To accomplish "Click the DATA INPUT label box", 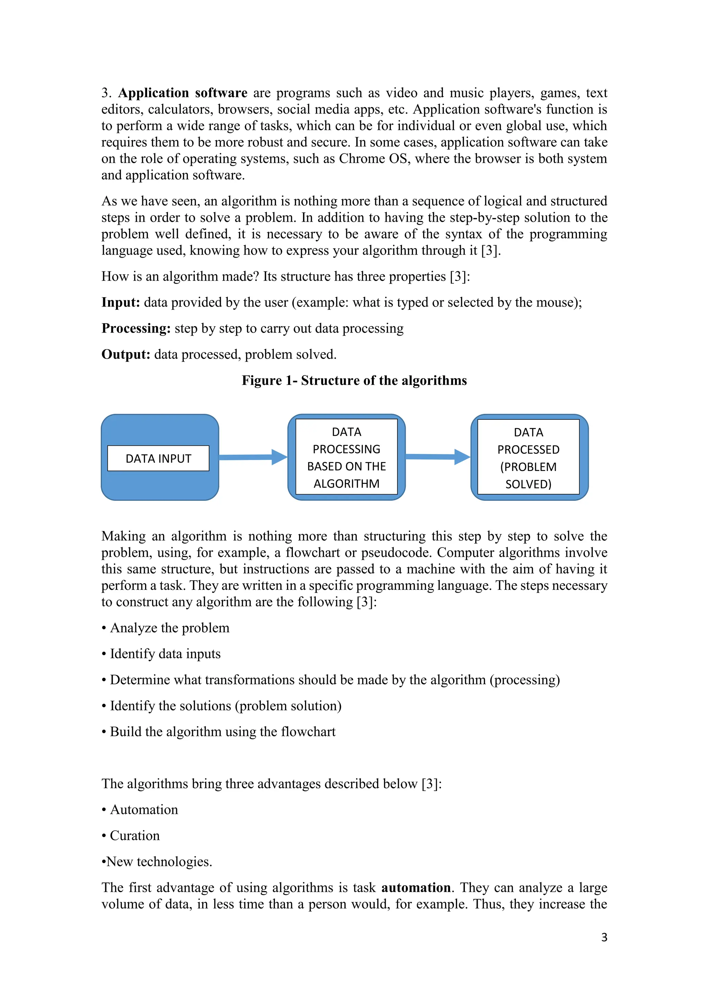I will tap(158, 458).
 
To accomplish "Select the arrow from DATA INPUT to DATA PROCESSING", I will tap(253, 457).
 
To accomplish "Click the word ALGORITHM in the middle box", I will tap(346, 483).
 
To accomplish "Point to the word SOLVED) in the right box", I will tap(528, 484).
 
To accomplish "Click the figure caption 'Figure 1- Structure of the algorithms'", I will tap(354, 381).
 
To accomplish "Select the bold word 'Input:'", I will tap(120, 302).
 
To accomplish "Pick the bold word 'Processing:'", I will tap(136, 328).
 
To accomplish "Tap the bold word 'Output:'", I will tap(126, 354).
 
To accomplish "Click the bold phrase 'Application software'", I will tap(182, 93).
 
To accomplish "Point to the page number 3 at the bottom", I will tap(604, 937).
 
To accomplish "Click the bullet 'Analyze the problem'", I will tap(169, 628).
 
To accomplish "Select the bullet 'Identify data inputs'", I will tap(165, 654).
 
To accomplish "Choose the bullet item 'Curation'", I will tap(134, 836).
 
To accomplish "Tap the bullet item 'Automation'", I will tap(144, 809).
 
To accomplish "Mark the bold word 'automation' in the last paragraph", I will tap(416, 888).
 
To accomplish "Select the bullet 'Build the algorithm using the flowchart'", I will tap(222, 732).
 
